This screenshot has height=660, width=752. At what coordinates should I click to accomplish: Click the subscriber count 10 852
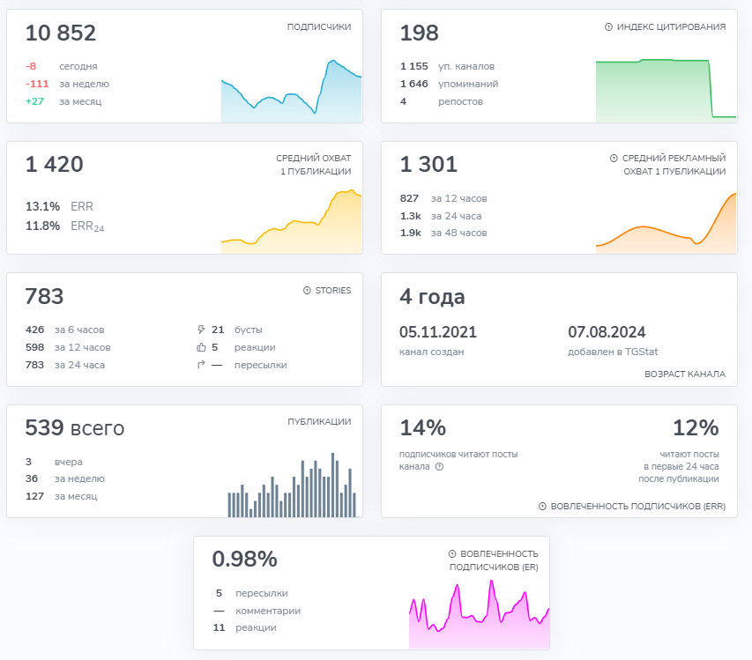[x=61, y=33]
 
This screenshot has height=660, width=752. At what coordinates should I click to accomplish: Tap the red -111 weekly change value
[x=37, y=84]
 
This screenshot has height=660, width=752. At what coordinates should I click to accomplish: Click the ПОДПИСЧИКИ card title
[x=319, y=27]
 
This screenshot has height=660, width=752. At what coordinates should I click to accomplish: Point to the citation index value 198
[x=419, y=33]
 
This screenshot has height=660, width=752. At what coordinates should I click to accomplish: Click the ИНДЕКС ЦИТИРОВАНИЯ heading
[x=671, y=27]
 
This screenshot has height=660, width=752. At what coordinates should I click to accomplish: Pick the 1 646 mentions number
[x=413, y=84]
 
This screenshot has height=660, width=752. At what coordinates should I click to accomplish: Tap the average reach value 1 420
[x=55, y=165]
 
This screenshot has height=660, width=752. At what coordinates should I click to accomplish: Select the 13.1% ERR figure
[x=42, y=206]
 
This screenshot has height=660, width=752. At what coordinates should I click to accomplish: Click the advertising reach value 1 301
[x=428, y=165]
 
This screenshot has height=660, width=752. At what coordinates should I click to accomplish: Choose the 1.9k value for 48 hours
[x=410, y=233]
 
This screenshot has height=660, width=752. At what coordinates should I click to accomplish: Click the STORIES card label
[x=333, y=290]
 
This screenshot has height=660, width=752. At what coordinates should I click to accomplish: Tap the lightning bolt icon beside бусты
[x=201, y=330]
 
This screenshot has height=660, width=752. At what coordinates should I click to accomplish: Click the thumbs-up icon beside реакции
[x=201, y=347]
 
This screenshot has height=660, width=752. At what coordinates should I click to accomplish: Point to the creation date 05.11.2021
[x=438, y=332]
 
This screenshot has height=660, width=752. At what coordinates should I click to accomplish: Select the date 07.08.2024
[x=607, y=332]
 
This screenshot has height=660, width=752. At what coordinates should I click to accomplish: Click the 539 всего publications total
[x=75, y=429]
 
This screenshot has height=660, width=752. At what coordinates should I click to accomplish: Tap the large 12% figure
[x=696, y=428]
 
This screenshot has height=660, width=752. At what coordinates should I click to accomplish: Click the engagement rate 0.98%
[x=244, y=560]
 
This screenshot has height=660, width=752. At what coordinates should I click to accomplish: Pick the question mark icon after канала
[x=439, y=467]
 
